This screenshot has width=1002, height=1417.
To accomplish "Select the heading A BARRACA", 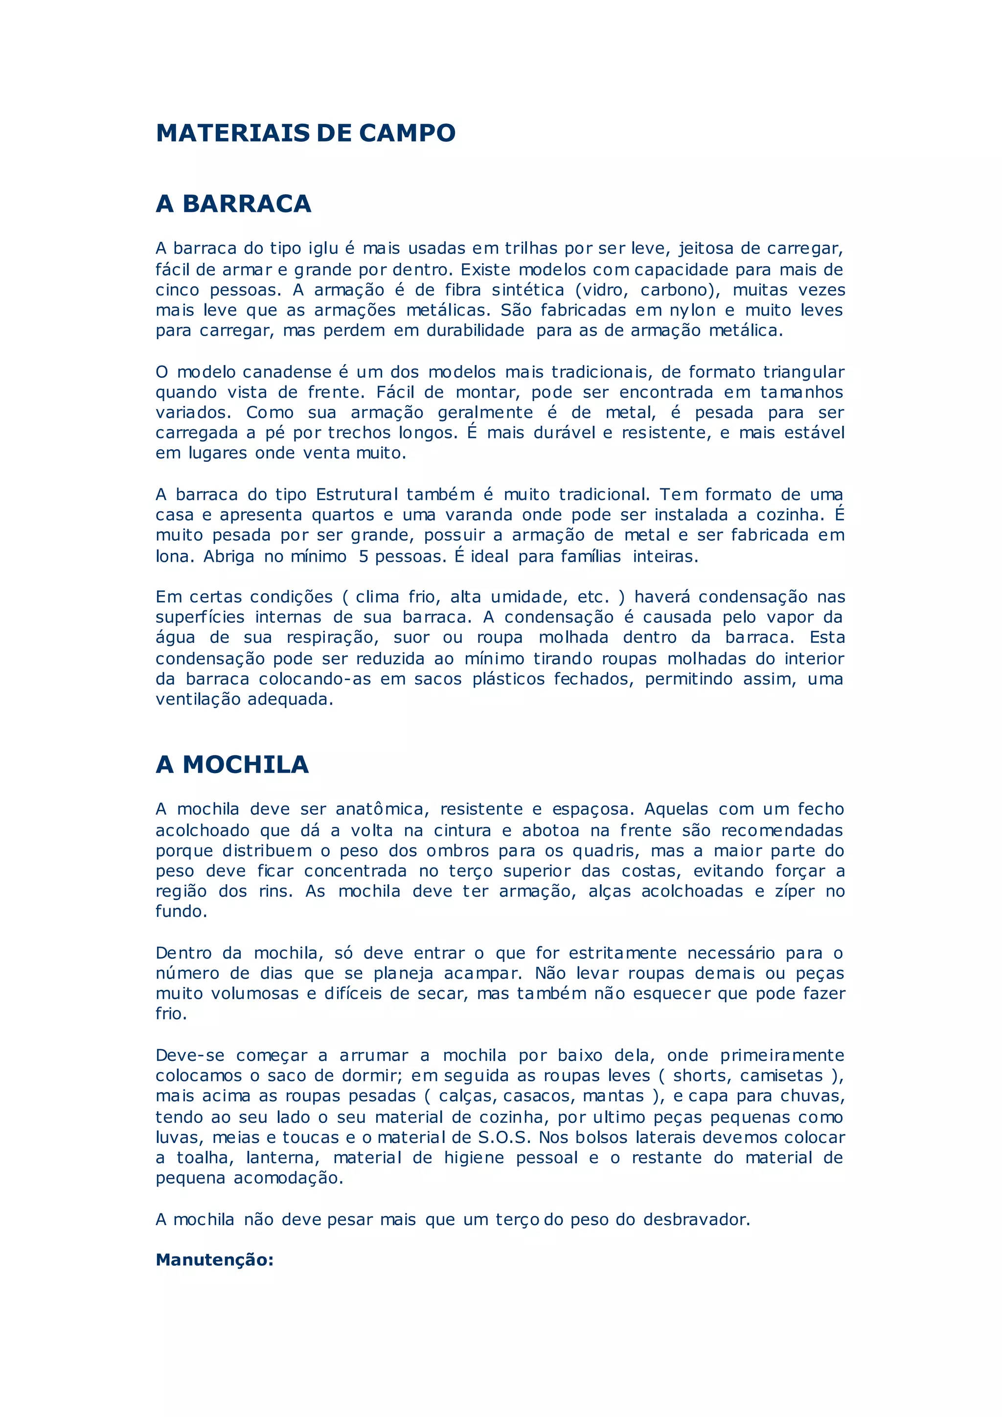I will [x=233, y=204].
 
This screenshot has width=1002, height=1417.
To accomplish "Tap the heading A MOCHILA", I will [x=232, y=765].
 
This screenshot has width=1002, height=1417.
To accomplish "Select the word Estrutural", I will [x=357, y=494].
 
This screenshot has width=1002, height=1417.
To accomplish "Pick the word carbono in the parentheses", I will [x=677, y=290].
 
